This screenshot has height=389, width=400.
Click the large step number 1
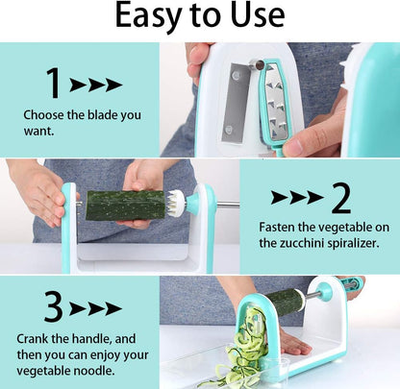54,85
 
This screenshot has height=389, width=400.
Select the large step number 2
339,198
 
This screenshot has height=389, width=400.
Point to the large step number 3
54,306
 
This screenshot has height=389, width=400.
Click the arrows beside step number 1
96,85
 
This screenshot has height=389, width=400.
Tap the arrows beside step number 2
297,198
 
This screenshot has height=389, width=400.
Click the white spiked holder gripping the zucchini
177,204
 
